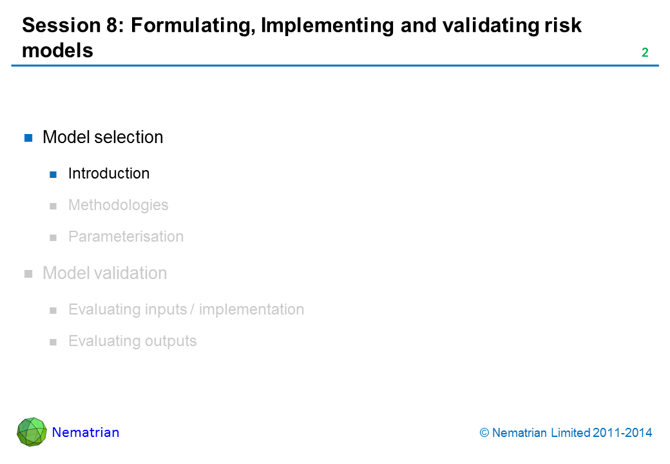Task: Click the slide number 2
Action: click(645, 53)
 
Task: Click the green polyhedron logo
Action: click(32, 432)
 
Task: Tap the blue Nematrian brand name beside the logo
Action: click(86, 432)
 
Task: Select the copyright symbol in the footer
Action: click(484, 433)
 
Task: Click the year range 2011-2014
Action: click(622, 433)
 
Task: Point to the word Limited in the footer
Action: click(570, 433)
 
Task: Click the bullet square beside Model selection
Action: click(28, 137)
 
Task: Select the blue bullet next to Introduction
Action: click(53, 174)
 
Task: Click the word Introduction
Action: click(109, 173)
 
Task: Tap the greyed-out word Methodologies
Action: click(119, 205)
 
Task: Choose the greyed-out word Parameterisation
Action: click(126, 237)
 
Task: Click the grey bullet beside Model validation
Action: click(28, 274)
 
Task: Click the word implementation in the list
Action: click(252, 309)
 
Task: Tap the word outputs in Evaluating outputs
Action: click(171, 342)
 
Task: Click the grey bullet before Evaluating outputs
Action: click(53, 342)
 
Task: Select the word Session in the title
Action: click(61, 25)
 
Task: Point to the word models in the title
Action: click(58, 50)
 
